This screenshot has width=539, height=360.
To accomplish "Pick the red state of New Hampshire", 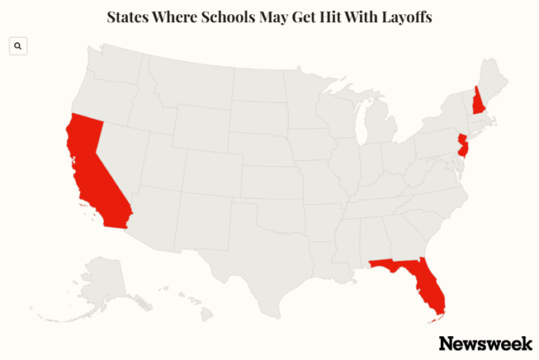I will [x=479, y=101].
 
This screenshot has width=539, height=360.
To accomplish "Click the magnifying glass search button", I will [x=18, y=47].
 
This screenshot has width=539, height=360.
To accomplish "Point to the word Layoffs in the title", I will [x=403, y=17].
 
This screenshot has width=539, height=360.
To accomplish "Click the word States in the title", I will [x=127, y=17].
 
